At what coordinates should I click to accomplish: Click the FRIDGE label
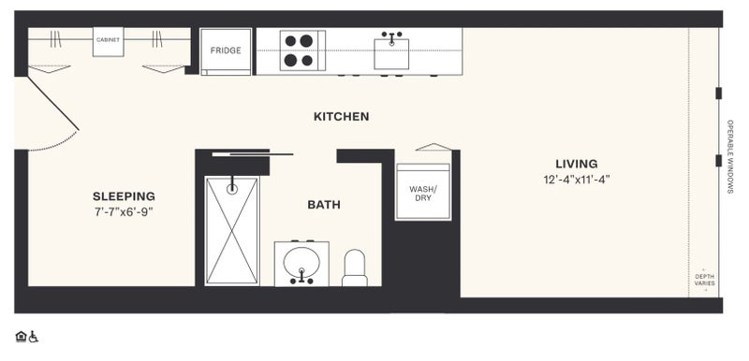(x=226, y=51)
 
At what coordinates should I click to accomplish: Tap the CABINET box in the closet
(x=108, y=41)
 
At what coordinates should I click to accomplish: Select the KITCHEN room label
(x=341, y=116)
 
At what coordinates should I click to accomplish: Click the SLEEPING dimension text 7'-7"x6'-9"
(x=124, y=212)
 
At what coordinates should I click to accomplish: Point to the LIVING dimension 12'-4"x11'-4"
(x=577, y=180)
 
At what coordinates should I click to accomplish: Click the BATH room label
(x=324, y=205)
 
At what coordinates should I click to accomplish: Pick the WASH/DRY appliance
(x=423, y=192)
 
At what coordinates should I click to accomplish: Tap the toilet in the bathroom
(x=355, y=267)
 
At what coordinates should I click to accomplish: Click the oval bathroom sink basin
(x=301, y=261)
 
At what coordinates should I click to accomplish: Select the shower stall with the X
(x=232, y=231)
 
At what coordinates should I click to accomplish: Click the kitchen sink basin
(x=391, y=54)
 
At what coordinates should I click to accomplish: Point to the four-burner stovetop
(x=302, y=51)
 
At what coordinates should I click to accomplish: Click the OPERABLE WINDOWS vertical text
(x=730, y=156)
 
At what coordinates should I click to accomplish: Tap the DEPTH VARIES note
(x=705, y=280)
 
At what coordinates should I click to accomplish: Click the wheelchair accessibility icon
(x=34, y=337)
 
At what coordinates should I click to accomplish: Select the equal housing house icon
(x=21, y=337)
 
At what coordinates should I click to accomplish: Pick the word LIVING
(x=577, y=164)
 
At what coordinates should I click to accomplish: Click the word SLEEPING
(x=124, y=196)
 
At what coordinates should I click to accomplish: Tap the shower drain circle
(x=232, y=189)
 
